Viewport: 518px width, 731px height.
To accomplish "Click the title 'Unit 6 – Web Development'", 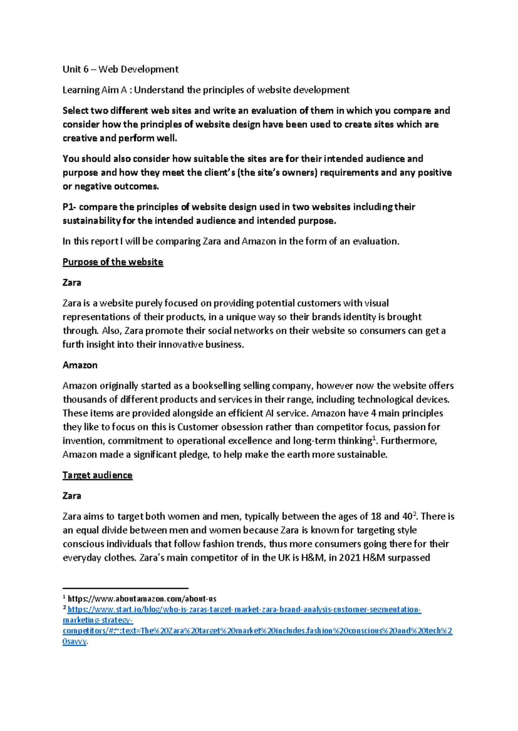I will click(120, 69).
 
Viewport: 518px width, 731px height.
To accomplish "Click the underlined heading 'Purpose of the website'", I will click(113, 262).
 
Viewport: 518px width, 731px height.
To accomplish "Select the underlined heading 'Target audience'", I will click(97, 475).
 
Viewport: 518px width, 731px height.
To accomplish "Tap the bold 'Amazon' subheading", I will click(80, 365).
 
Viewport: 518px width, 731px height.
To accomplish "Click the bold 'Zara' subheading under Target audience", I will click(72, 496).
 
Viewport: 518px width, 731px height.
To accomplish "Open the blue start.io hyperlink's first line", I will click(244, 609).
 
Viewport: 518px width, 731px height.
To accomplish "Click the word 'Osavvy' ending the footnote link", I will click(74, 641).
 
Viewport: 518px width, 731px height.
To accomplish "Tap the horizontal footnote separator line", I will click(125, 588).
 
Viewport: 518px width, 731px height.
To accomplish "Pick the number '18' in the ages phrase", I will click(376, 516).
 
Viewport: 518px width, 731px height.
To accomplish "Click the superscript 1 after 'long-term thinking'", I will click(374, 438).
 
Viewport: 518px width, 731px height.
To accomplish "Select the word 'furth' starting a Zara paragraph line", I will click(73, 344).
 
